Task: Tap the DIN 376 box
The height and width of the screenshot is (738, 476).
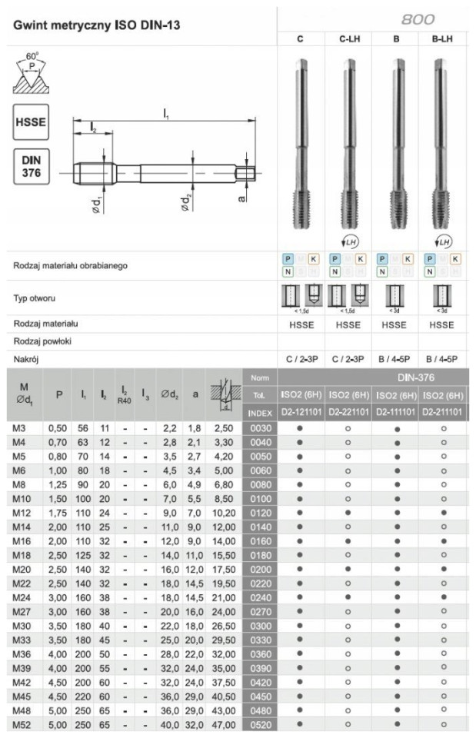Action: tap(31, 166)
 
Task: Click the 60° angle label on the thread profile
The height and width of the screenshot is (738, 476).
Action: tap(31, 57)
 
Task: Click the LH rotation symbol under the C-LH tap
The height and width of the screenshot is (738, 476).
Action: tap(350, 241)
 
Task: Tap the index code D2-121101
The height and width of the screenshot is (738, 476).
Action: tap(301, 412)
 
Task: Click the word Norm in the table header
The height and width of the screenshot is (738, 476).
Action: tap(258, 377)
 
